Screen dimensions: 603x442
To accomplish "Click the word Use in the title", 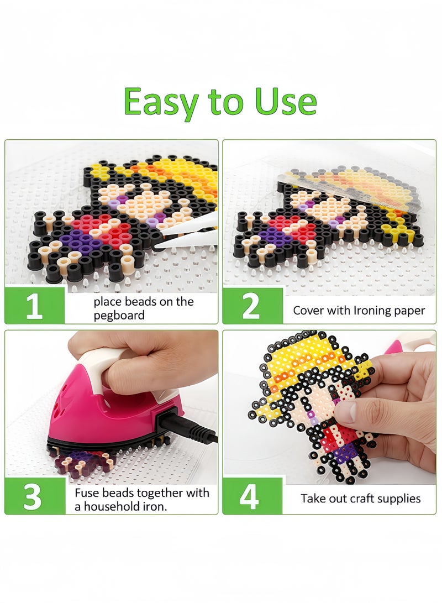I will coord(286,102).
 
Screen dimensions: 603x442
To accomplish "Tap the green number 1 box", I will coord(34,305).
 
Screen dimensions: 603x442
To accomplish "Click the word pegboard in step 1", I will coord(119,316).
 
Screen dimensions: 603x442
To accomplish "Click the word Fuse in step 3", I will coord(87,492).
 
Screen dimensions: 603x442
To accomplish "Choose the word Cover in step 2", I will coord(308,311).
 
